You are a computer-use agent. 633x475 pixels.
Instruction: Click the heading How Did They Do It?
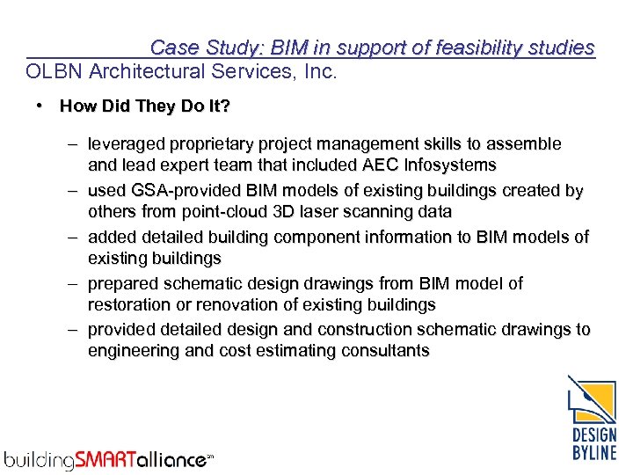(145, 106)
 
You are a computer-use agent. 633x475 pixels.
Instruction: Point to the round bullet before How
(40, 106)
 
